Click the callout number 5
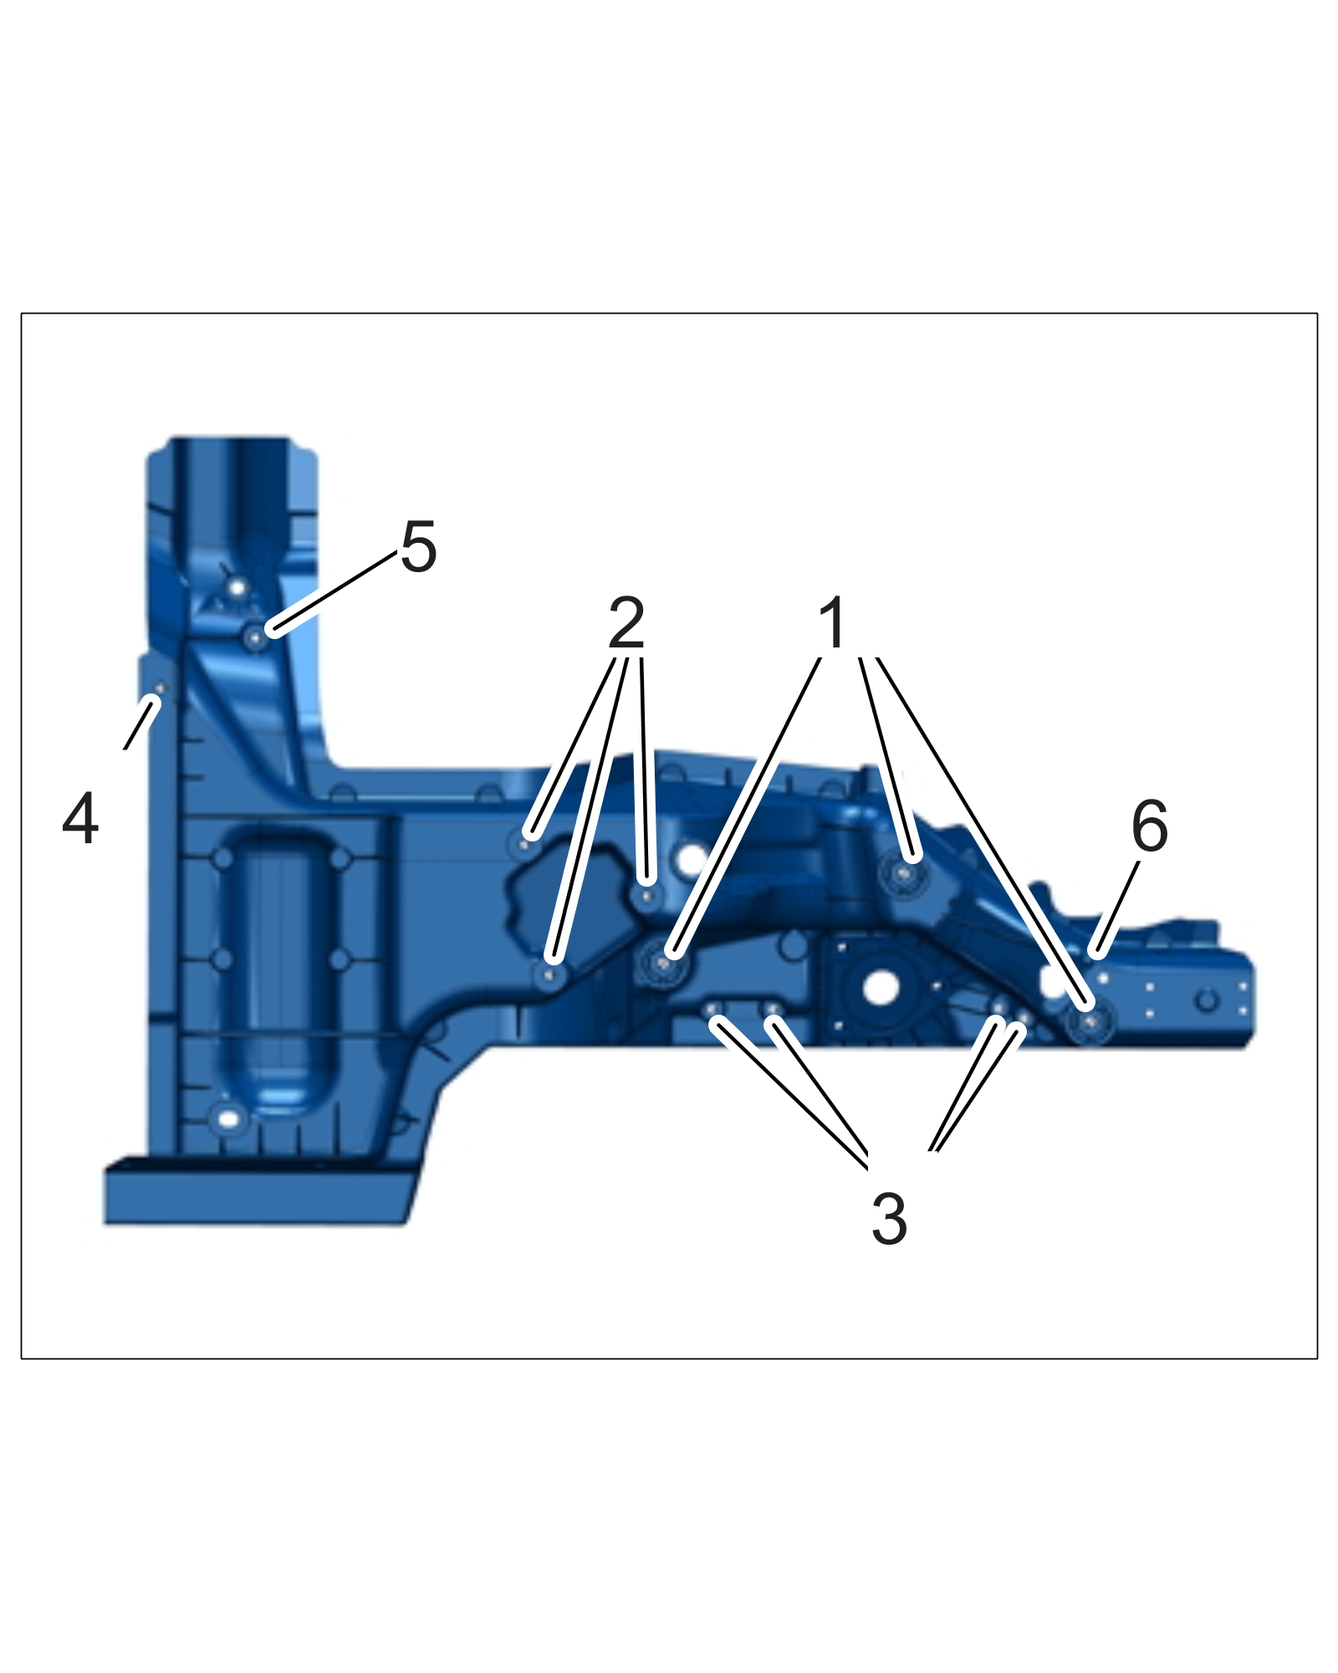tap(419, 547)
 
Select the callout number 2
tap(626, 622)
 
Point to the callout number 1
tap(832, 622)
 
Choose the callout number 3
tap(889, 1219)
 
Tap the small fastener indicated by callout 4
tap(159, 688)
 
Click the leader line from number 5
tap(333, 592)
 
